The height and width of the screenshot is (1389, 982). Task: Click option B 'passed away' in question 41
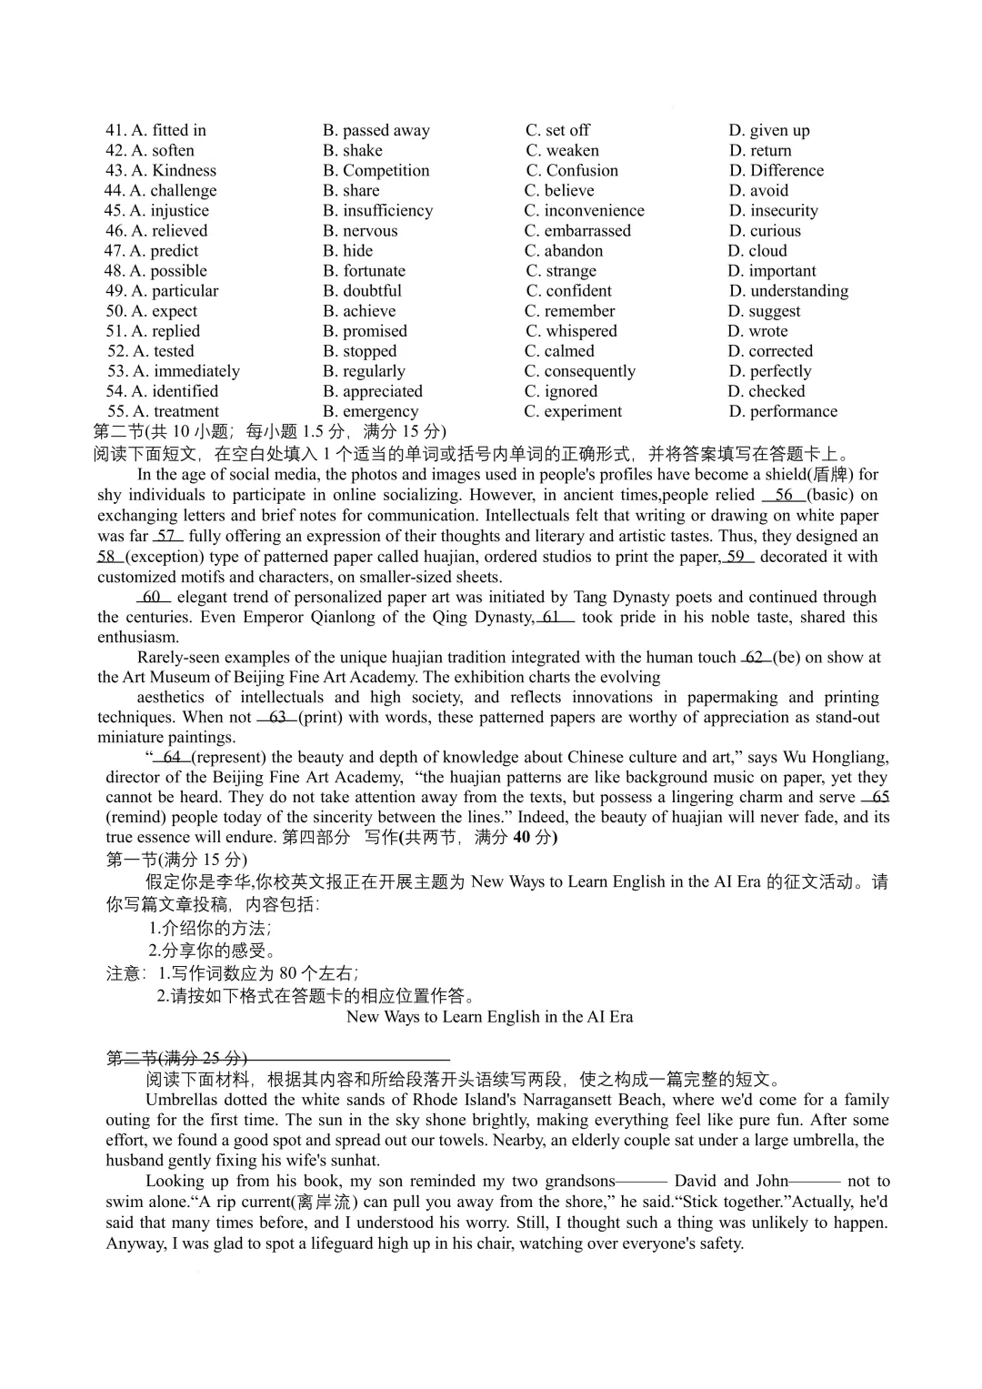[376, 130]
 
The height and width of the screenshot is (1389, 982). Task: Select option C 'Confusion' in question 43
[571, 170]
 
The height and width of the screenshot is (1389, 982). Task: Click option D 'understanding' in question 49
[788, 290]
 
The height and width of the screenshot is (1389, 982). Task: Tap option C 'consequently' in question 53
[579, 371]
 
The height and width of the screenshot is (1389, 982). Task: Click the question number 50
[115, 311]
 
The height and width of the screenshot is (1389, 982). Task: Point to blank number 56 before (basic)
[784, 495]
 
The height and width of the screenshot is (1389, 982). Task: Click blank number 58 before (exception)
[107, 557]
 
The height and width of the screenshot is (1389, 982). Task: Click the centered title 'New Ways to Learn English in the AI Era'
[489, 1017]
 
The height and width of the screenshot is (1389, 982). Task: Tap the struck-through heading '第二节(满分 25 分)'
[176, 1058]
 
